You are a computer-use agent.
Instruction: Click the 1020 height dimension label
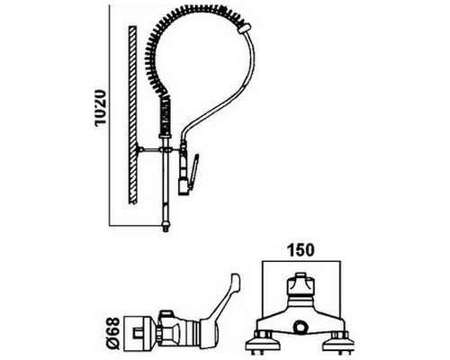pos(101,107)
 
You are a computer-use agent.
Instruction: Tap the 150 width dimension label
pos(301,250)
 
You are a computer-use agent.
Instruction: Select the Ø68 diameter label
pos(113,334)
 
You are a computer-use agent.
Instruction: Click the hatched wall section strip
pos(132,114)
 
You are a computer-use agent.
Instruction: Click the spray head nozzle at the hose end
pos(183,186)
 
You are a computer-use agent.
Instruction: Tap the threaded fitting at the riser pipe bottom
pos(166,226)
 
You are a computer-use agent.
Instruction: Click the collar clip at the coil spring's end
pos(244,30)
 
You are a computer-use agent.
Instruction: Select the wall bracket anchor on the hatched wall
pos(139,149)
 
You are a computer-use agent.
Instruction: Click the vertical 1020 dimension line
pos(109,115)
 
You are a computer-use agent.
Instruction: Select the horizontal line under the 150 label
pos(301,260)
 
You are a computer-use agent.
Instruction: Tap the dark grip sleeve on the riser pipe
pos(166,118)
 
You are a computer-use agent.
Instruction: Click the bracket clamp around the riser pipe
pos(166,149)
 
